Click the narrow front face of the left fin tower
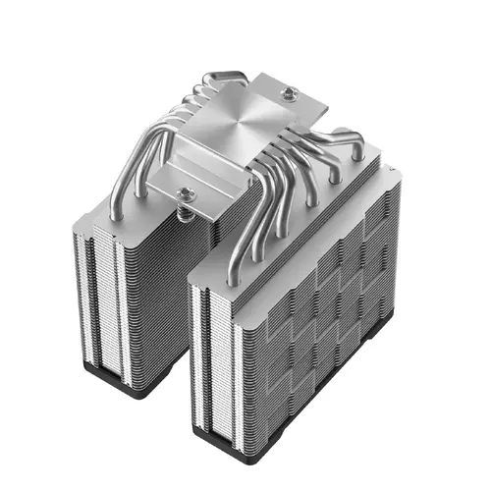coord(98,295)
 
